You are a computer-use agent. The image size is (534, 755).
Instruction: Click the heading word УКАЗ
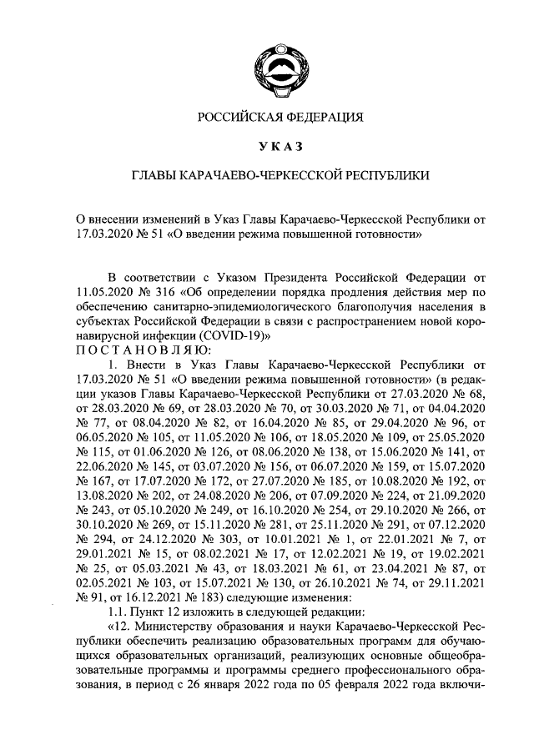click(280, 147)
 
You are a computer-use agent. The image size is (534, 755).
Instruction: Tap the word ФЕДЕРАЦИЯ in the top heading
click(322, 118)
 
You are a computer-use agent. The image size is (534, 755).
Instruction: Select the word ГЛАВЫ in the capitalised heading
click(158, 177)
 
